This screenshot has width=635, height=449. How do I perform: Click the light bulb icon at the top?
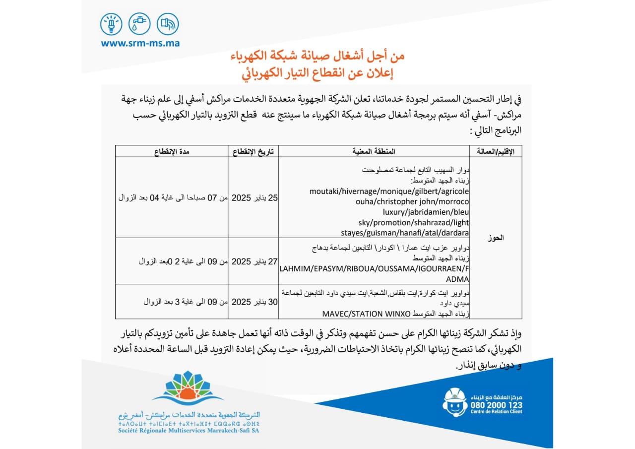pos(111,24)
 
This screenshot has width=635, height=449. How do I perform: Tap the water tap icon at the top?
pos(139,24)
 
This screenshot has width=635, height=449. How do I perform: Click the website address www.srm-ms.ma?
pos(140,43)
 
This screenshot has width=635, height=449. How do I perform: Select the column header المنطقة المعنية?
pos(374,151)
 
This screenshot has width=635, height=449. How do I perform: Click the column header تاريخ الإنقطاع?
pos(254,151)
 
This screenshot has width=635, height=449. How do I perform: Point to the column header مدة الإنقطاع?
pos(171,151)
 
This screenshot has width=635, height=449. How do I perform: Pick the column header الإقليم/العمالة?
pos(496,151)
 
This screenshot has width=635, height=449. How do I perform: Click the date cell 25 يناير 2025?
pos(254,197)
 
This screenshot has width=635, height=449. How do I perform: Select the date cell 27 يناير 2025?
pos(254,261)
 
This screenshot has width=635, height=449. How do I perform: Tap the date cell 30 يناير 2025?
pos(254,301)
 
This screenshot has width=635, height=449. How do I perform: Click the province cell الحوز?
pos(496,238)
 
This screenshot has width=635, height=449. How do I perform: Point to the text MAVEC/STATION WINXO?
pos(367,314)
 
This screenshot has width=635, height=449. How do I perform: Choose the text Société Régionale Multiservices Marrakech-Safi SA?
pos(189,431)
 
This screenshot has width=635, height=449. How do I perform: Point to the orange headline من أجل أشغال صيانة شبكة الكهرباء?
pos(317,56)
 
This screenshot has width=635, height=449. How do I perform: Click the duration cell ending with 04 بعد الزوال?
pos(171,197)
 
